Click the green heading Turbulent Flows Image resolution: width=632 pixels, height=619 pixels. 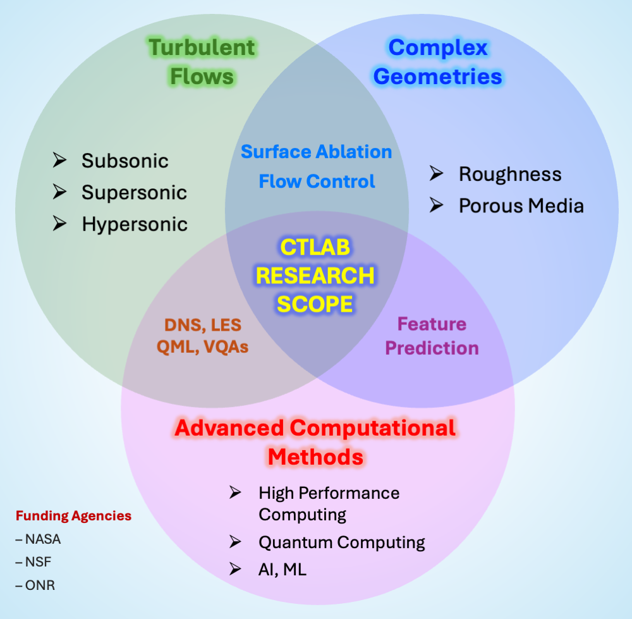pyautogui.click(x=202, y=62)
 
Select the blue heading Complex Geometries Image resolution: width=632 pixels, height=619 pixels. pyautogui.click(x=437, y=62)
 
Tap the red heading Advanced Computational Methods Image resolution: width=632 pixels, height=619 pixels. pyautogui.click(x=315, y=441)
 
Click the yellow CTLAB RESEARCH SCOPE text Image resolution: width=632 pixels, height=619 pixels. pyautogui.click(x=315, y=276)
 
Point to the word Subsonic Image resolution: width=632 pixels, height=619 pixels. pyautogui.click(x=125, y=161)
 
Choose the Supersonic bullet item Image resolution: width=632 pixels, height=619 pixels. pyautogui.click(x=134, y=192)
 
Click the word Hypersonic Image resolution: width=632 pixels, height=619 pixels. pyautogui.click(x=135, y=224)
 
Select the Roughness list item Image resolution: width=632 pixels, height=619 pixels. pyautogui.click(x=509, y=174)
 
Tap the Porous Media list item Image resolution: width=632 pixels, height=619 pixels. pyautogui.click(x=521, y=205)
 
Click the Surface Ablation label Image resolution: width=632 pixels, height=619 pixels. pyautogui.click(x=317, y=152)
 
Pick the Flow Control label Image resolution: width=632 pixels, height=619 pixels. pyautogui.click(x=317, y=181)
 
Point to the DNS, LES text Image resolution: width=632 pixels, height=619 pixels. pyautogui.click(x=202, y=325)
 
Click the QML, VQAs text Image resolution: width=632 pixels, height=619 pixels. pyautogui.click(x=202, y=347)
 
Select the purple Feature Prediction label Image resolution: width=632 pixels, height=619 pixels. pyautogui.click(x=432, y=336)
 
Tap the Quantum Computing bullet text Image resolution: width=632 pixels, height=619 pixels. pyautogui.click(x=341, y=542)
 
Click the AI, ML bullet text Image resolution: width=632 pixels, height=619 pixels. pyautogui.click(x=282, y=569)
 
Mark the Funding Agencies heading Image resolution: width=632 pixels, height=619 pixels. pyautogui.click(x=73, y=516)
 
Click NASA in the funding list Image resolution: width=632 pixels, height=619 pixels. pyautogui.click(x=43, y=539)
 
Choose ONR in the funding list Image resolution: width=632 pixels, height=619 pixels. pyautogui.click(x=40, y=585)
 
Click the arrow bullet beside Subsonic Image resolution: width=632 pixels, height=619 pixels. pyautogui.click(x=60, y=161)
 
